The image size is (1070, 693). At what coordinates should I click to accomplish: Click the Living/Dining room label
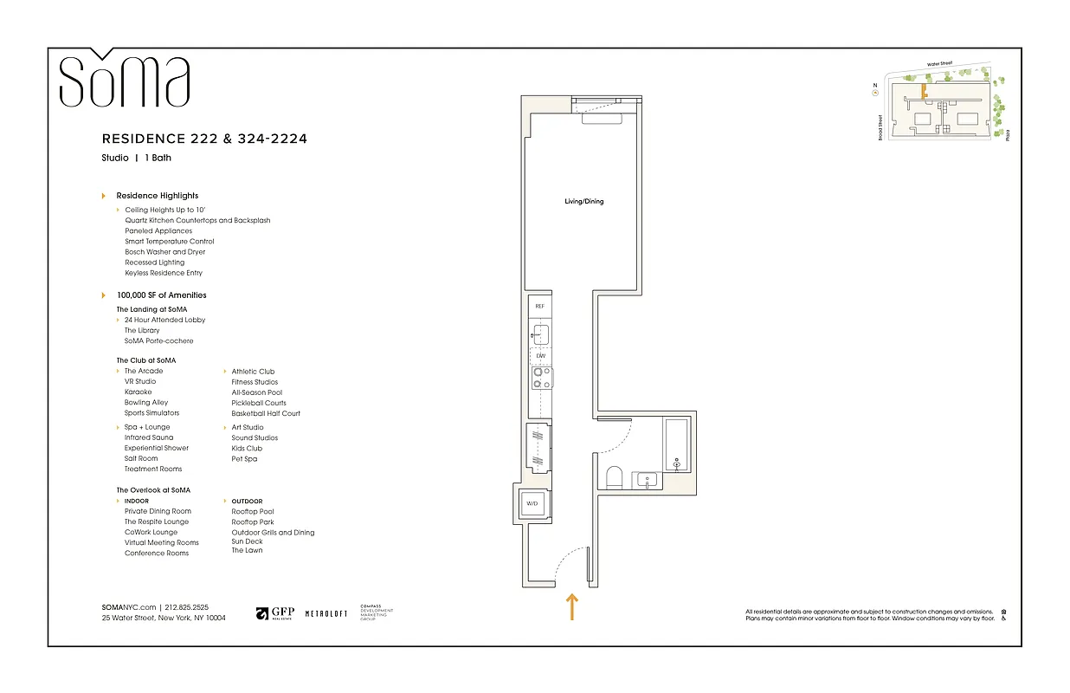pos(583,202)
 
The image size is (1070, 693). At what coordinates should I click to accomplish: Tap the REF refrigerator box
pos(539,307)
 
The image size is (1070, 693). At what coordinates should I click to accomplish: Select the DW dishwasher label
pos(540,356)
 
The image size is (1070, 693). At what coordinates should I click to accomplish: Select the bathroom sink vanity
pos(647,479)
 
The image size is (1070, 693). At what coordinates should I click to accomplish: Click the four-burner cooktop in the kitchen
pos(542,377)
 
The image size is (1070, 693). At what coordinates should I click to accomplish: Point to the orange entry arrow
pos(571,606)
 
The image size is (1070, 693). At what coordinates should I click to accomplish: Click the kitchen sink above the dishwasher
pos(540,334)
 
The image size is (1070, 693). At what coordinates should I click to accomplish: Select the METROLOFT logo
pos(326,613)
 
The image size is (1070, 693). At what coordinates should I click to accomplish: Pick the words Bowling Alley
pos(146,403)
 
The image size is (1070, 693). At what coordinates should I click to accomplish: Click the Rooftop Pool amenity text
pos(253,512)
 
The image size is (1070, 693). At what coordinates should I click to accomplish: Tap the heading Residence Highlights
pos(158,196)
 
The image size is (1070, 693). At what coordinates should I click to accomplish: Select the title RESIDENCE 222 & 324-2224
pos(204,139)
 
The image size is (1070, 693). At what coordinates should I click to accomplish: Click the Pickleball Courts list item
pos(259,403)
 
